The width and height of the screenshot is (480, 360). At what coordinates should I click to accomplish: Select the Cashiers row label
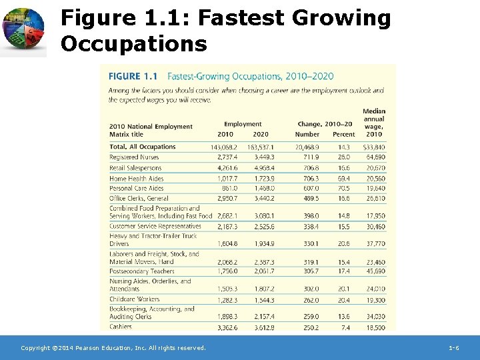pos(121,327)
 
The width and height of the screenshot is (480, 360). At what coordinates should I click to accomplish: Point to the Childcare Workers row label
pos(134,299)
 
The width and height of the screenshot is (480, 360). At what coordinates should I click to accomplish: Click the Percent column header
pos(344,134)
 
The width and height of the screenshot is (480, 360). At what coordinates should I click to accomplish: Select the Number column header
pos(307,134)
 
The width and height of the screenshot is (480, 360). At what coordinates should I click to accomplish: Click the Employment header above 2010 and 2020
pos(243,124)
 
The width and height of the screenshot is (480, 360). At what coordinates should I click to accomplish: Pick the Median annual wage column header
pos(374,122)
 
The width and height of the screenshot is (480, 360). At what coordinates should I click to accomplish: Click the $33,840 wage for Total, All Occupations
pos(374,147)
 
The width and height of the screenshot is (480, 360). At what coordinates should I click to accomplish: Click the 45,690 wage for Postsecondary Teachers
pos(375,271)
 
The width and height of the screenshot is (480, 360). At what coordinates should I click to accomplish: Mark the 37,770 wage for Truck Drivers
pos(375,244)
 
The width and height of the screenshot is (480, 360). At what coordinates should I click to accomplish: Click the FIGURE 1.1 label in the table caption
pos(133,77)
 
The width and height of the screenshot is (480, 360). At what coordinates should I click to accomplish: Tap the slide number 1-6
pos(453,348)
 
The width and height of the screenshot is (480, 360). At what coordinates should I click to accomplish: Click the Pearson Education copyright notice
pos(113,348)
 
